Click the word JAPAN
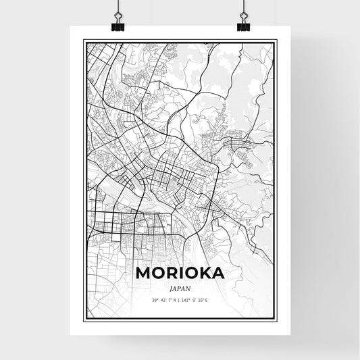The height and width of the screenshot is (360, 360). [x=180, y=286]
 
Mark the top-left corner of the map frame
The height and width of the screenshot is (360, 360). [x=83, y=41]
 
